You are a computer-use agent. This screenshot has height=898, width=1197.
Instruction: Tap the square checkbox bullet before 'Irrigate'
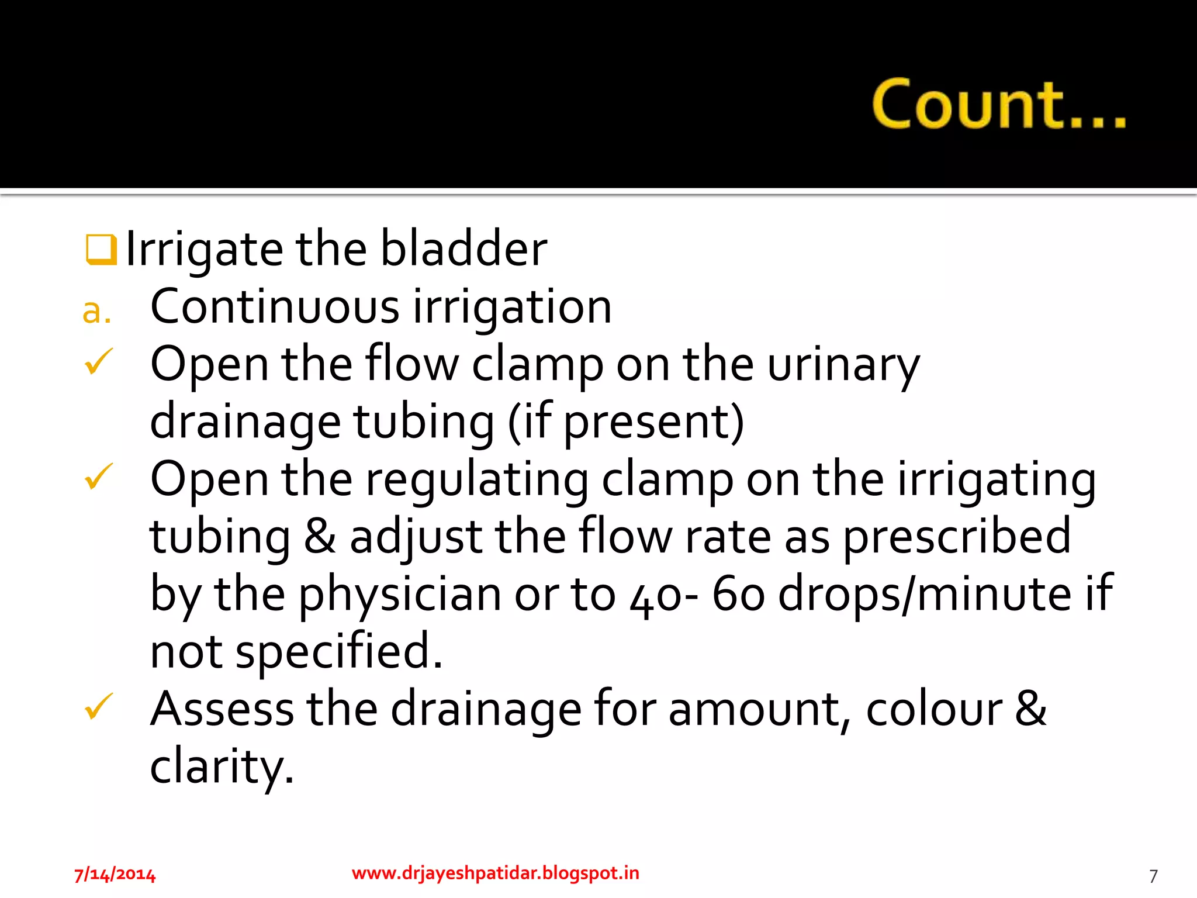tap(101, 250)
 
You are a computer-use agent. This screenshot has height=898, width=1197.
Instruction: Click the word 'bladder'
tap(463, 248)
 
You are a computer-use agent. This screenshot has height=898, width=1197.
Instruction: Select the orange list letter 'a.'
tap(96, 310)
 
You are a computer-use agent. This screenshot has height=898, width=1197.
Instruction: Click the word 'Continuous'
tap(275, 306)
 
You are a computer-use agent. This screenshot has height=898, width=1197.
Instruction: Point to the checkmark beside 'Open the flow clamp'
tap(98, 362)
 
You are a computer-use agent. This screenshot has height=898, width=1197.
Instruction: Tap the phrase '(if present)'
tap(625, 422)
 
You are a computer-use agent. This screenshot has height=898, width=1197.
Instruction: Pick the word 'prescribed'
tap(957, 537)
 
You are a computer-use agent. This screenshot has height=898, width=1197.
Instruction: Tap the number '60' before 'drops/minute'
tap(738, 593)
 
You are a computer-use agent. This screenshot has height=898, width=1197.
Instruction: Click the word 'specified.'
tap(339, 651)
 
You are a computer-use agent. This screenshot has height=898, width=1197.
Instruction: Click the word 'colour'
tap(933, 709)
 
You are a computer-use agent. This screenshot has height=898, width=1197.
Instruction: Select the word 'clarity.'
tap(222, 766)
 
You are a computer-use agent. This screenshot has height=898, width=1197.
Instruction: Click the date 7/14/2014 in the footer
tap(115, 875)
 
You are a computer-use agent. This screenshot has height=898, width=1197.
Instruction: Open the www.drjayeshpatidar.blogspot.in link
tap(495, 873)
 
